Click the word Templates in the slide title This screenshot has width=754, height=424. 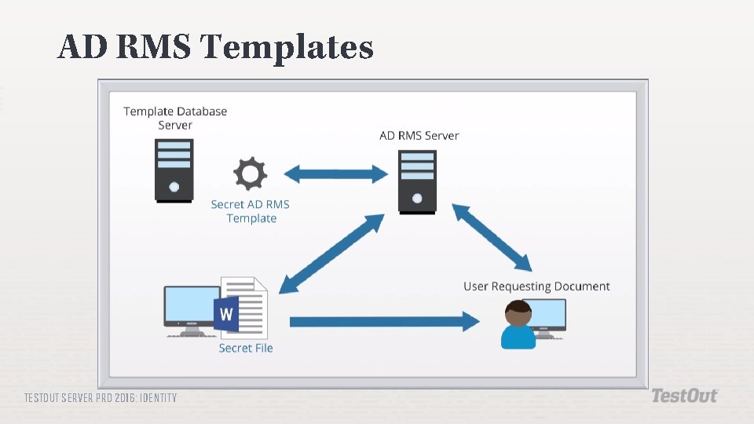click(287, 48)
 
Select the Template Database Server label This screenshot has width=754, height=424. click(175, 118)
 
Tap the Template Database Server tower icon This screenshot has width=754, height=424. click(174, 170)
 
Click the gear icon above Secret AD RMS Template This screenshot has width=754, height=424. click(251, 174)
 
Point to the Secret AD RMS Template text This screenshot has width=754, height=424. click(251, 211)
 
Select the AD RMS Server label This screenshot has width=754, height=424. click(419, 136)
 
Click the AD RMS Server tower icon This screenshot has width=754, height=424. click(416, 181)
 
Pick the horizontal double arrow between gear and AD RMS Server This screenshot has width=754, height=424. click(335, 174)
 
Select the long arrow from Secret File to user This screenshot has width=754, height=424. click(384, 321)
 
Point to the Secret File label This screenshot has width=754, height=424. click(246, 348)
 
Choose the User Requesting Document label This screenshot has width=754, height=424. click(536, 287)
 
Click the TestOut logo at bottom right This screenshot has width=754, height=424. click(684, 396)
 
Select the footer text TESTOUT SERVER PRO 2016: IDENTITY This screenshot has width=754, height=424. click(101, 398)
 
